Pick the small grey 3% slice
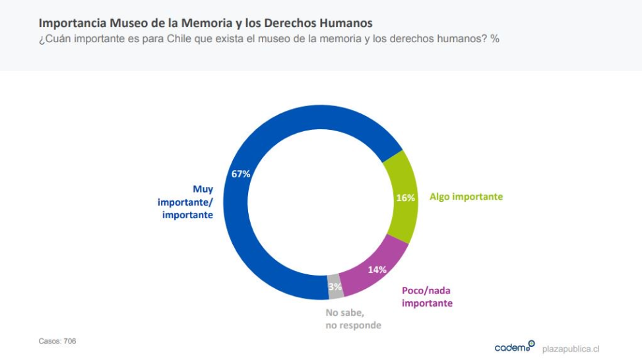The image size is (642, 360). coord(335,287)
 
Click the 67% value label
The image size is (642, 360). coord(241,174)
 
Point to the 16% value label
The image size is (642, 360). coord(404,197)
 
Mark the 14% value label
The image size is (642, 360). coord(377,270)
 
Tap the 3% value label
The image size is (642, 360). coord(335,287)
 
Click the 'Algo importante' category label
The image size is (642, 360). coord(466,196)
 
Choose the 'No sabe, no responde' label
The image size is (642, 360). coord(353,319)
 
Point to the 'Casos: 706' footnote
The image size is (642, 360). coord(58,341)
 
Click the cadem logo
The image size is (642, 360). coord(514,347)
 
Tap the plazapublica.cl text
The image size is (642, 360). coord(571,348)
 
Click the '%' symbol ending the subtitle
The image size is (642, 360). coord(495,39)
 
